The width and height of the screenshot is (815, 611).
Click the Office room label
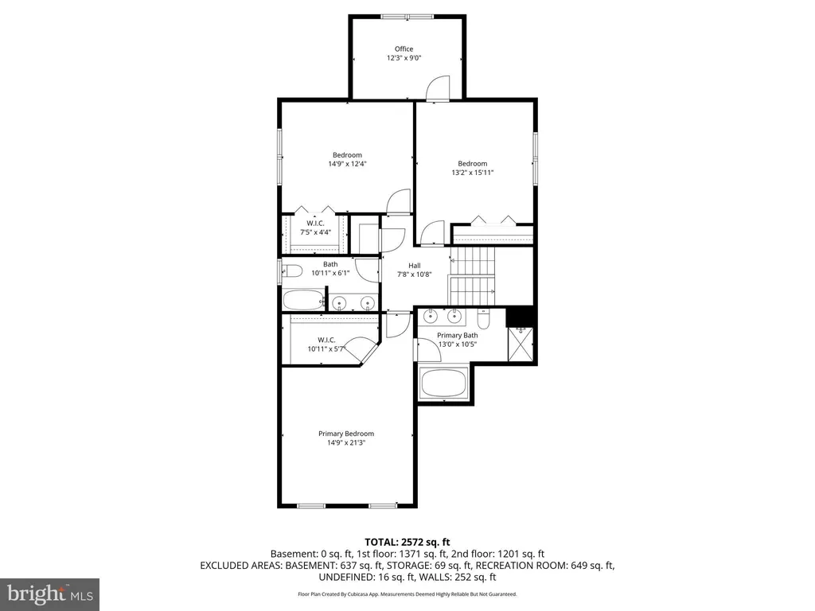tap(404, 49)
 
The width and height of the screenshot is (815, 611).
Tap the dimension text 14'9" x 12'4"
tap(347, 164)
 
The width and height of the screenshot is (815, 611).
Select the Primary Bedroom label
tap(346, 434)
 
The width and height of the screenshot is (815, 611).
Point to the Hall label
tap(414, 266)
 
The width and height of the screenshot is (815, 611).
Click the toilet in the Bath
tap(292, 270)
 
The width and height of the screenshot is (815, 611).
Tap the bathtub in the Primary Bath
tap(445, 383)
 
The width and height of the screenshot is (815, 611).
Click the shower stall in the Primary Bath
tap(520, 343)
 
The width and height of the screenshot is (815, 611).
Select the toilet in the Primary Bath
tap(483, 318)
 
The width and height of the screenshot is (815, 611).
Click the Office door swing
tap(437, 87)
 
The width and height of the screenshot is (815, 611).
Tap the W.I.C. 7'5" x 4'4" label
tap(315, 228)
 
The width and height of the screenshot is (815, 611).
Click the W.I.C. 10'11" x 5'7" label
tap(326, 344)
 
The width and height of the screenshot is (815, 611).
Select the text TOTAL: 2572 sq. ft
tap(407, 543)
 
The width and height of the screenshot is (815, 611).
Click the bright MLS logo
tap(50, 594)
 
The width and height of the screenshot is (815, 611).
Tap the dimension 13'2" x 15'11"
tap(473, 173)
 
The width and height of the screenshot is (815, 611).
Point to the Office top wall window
tap(407, 17)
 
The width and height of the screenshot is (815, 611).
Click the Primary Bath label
tap(458, 335)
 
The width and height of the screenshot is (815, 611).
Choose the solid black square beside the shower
tap(521, 317)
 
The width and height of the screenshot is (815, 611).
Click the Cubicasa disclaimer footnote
tap(407, 593)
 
